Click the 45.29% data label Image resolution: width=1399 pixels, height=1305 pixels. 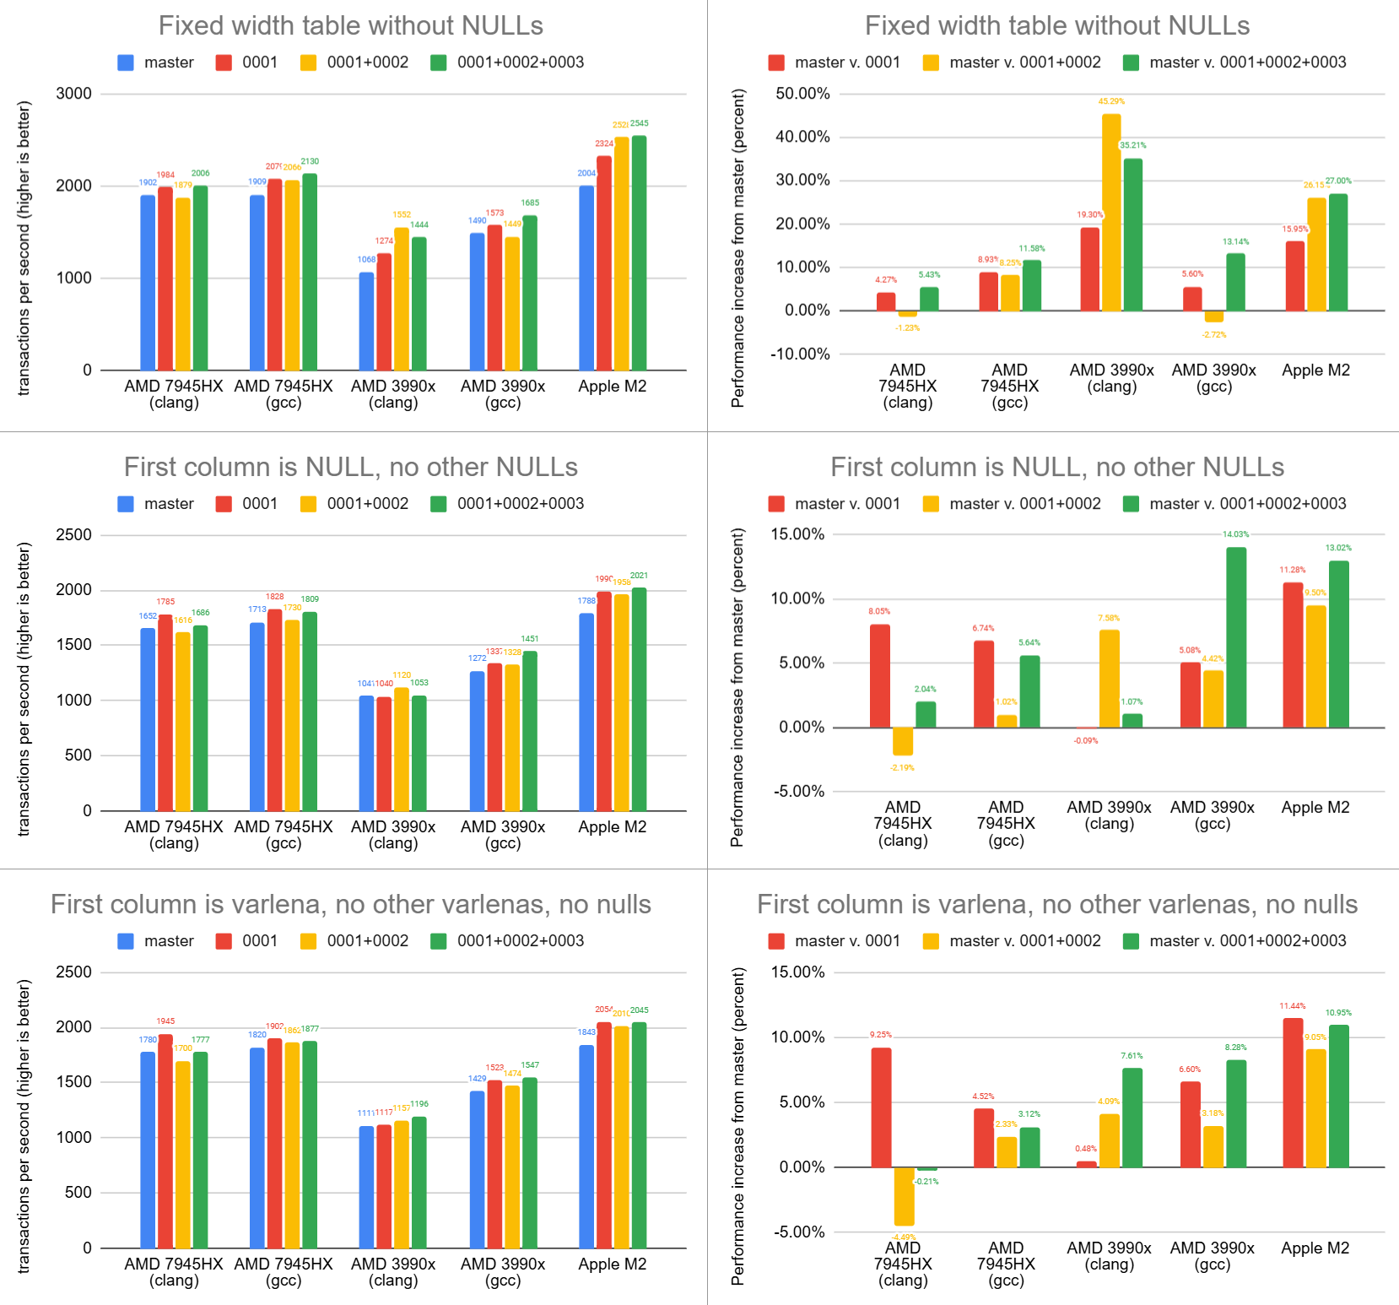[1111, 101]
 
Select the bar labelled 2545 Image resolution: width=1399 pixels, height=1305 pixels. [639, 252]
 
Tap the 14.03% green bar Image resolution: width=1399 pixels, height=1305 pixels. [1236, 637]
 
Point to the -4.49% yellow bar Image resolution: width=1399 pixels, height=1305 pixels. [904, 1196]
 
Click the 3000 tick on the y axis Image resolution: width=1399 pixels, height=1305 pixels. [74, 94]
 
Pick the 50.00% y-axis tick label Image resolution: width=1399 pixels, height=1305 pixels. [802, 94]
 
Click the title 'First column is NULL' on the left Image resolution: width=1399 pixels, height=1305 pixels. [350, 467]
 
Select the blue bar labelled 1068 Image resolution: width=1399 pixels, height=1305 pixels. [366, 321]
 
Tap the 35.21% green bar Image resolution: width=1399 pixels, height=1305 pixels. [1132, 235]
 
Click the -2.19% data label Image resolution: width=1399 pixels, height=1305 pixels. [902, 767]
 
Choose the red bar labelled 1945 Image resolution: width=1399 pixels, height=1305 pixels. [165, 1141]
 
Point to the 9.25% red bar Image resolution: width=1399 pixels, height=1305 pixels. [881, 1107]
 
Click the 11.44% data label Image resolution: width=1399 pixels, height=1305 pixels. [1292, 1006]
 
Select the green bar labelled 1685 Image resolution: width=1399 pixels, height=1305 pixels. [529, 293]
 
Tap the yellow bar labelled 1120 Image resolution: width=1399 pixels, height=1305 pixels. [402, 749]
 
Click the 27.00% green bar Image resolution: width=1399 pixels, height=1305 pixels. [1338, 252]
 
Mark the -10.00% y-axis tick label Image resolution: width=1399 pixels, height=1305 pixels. [800, 354]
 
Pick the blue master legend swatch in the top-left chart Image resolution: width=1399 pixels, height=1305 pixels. [126, 62]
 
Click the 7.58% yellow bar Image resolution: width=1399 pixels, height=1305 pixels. [1109, 679]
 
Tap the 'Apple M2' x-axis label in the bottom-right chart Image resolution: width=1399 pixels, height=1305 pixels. [1315, 1248]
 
